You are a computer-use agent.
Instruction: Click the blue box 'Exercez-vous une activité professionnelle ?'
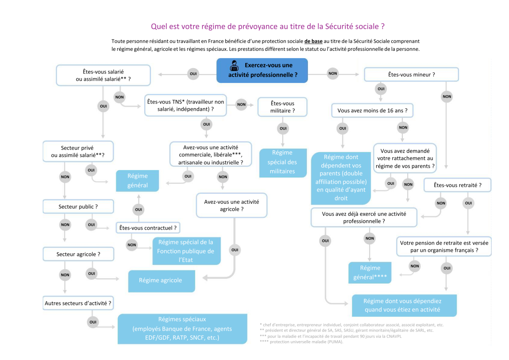(x=262, y=71)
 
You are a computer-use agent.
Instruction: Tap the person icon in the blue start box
(x=234, y=66)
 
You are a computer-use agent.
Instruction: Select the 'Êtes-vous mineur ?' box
(x=411, y=74)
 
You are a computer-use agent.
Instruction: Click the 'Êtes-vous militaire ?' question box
(x=282, y=107)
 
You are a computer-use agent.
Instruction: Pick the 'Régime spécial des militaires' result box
(x=282, y=162)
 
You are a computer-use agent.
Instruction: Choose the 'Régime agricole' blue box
(x=161, y=280)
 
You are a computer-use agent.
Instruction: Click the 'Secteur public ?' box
(x=78, y=207)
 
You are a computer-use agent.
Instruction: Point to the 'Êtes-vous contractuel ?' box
(x=148, y=228)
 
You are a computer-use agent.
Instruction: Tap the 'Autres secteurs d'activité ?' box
(x=78, y=303)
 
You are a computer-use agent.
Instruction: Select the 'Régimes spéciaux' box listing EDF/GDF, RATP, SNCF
(x=182, y=329)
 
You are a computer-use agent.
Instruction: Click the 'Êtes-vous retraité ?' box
(x=457, y=185)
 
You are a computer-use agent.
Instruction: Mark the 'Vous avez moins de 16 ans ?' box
(x=372, y=111)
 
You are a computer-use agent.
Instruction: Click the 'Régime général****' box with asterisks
(x=370, y=273)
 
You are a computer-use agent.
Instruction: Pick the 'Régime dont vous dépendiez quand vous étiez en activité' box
(x=404, y=305)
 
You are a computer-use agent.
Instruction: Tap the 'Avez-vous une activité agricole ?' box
(x=231, y=205)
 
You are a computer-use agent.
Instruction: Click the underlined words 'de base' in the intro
(x=313, y=41)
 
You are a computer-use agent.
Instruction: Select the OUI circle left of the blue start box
(x=193, y=74)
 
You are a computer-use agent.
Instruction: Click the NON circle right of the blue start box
(x=332, y=73)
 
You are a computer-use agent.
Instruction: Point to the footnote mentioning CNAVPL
(x=332, y=336)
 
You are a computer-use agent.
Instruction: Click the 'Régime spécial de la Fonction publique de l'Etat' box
(x=186, y=251)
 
